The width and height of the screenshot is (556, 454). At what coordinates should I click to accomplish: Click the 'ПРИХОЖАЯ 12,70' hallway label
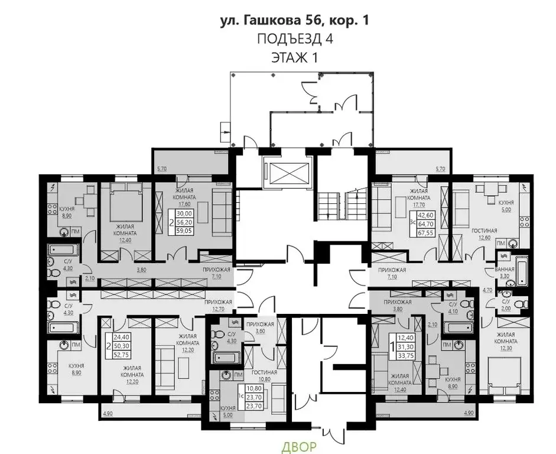click(219, 304)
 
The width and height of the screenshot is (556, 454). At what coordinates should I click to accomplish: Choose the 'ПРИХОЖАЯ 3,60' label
click(260, 327)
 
